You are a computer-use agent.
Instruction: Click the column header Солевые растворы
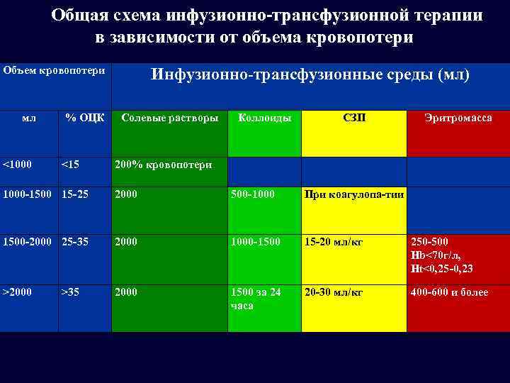pos(169,118)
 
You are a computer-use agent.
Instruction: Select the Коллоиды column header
pos(264,118)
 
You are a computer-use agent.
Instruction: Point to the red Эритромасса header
pos(458,118)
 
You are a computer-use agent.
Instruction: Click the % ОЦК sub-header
pos(84,118)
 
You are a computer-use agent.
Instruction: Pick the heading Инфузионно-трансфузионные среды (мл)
pos(310,76)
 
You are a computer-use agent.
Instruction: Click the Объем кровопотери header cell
pos(55,70)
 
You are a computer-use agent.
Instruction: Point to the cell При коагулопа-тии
pos(353,194)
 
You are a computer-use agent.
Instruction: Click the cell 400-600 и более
pos(449,292)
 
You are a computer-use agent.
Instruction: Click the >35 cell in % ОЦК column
pos(71,292)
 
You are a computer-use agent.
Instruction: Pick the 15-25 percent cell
pos(75,194)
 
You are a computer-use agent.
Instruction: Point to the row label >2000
pos(17,292)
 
